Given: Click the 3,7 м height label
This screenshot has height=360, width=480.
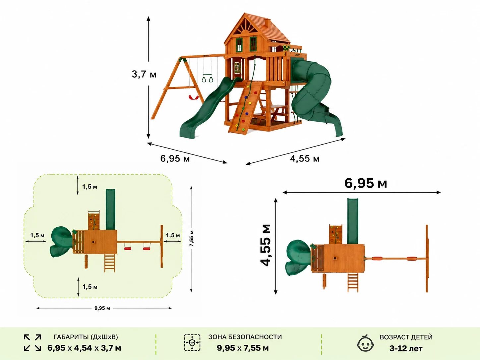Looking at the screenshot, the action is click(144, 74).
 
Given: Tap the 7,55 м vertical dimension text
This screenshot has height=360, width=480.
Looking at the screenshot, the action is click(192, 238).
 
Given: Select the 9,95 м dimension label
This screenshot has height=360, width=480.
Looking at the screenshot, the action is click(102, 308).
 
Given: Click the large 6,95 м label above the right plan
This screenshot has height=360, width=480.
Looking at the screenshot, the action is click(366, 183).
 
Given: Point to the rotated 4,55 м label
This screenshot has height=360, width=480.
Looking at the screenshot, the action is click(266, 245).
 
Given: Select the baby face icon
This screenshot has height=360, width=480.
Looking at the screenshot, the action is click(365, 343).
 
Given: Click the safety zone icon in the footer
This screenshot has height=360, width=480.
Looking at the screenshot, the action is click(192, 342).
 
